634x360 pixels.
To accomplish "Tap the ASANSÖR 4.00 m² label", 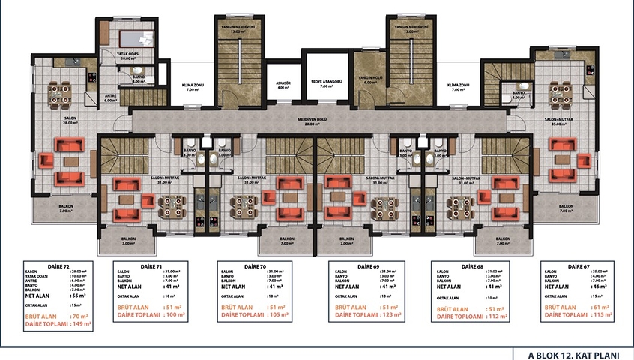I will [283, 85].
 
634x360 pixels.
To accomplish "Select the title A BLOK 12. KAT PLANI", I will [573, 353].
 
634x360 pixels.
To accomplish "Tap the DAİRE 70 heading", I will [256, 265].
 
